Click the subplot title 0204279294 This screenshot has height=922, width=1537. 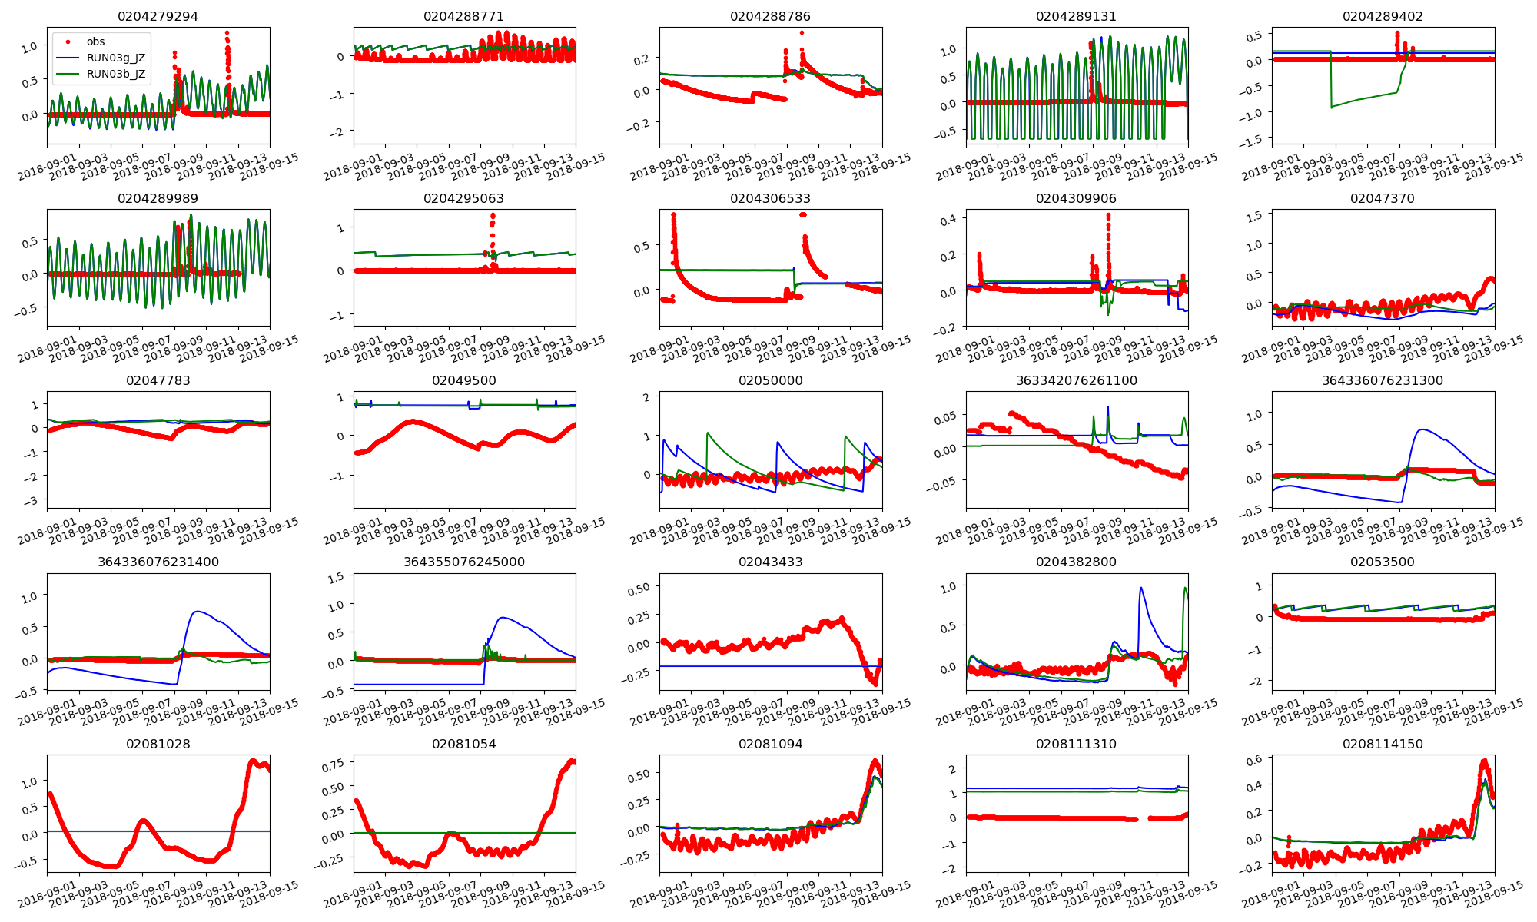158,16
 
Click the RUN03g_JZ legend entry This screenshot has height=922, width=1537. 115,58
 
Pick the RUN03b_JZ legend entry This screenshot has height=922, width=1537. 115,74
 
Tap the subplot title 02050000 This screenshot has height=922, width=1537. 770,380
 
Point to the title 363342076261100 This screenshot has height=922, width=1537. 1076,380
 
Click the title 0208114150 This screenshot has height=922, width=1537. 1383,744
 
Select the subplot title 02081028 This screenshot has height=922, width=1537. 158,744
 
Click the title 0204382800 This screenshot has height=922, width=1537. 1076,562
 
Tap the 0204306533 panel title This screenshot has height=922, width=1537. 770,198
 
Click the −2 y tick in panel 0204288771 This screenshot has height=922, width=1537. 338,132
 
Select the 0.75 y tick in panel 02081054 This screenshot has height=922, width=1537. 332,764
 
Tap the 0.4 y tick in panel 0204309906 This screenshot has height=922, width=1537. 950,219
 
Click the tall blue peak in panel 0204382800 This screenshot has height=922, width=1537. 1140,588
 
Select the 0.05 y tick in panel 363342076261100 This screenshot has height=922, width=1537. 944,416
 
